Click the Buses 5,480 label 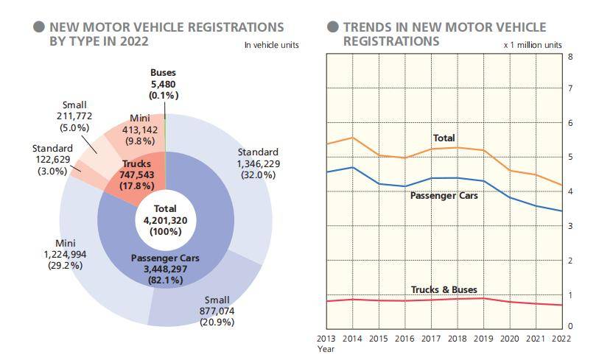[164, 84]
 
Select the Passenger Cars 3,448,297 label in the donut [165, 269]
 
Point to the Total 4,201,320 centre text [165, 219]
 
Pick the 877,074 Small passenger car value [217, 311]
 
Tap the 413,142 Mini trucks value [139, 130]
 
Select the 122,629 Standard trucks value [52, 160]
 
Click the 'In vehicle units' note [271, 46]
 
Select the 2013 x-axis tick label [327, 338]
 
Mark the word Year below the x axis [326, 350]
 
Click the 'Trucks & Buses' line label [443, 289]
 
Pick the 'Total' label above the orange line [444, 138]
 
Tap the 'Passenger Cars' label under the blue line [444, 196]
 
